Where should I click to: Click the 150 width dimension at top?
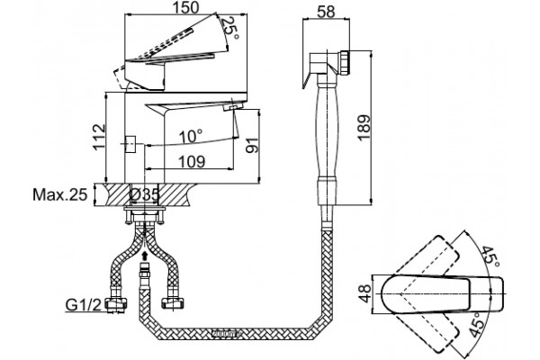pos(186,7)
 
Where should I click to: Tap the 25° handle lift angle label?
pos(229,28)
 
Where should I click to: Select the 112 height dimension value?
pos(98,137)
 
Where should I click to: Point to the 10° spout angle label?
pos(191,137)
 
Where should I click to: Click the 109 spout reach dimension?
pos(192,161)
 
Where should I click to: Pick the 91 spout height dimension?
pos(252,145)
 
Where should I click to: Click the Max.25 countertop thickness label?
pos(60,194)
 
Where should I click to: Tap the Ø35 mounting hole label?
pos(145,195)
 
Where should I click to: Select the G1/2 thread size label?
pos(84,304)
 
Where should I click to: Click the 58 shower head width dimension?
pos(326,12)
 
